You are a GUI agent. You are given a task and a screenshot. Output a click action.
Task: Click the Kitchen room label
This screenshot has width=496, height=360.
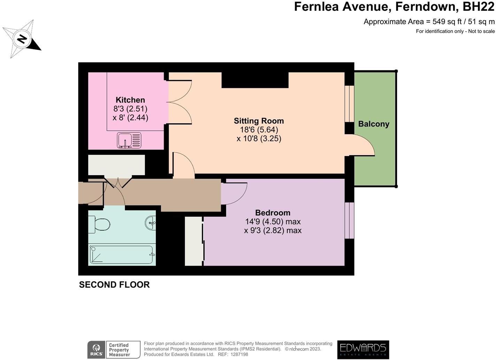130,100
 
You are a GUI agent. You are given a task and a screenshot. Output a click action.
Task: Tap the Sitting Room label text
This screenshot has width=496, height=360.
259,121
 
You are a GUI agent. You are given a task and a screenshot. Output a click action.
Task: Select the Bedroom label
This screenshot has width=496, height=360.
273,213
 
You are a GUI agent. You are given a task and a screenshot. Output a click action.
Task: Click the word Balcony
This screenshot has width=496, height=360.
373,124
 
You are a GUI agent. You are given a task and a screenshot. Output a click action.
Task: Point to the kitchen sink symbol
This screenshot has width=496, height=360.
129,140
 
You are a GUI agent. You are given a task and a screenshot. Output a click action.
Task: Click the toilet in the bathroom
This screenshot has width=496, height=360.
101,224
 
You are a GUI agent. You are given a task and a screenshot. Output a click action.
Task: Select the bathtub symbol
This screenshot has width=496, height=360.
122,255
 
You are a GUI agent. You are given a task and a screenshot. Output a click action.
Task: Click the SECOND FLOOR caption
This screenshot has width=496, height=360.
114,285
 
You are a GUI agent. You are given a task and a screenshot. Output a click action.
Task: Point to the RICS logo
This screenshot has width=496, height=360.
96,350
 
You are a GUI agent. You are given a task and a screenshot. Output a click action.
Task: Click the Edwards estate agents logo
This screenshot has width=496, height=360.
363,350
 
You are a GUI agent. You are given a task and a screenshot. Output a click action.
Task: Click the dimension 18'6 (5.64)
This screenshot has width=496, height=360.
259,130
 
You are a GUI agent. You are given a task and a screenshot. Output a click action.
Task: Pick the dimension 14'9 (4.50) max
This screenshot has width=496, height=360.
273,222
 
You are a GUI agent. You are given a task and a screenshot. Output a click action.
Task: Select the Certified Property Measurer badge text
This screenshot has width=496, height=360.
119,350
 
